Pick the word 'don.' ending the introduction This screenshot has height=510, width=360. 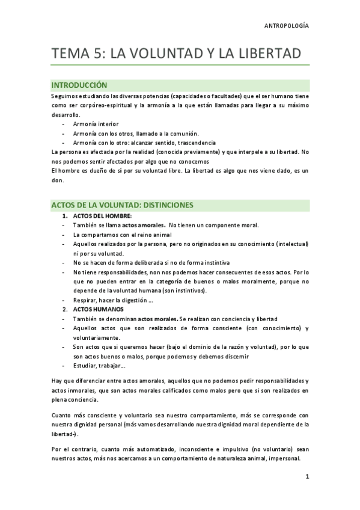[58, 180]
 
